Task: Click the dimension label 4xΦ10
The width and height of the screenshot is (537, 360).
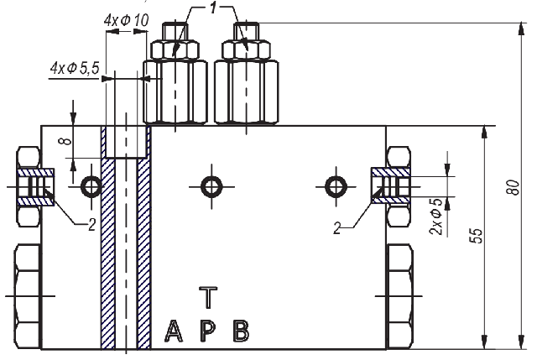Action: [127, 20]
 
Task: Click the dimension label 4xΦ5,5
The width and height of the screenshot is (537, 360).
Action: [75, 69]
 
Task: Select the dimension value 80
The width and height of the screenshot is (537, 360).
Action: [513, 187]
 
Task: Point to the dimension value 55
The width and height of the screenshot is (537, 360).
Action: [476, 236]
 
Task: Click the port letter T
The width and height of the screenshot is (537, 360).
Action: [208, 298]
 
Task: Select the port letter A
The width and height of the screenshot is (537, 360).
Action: [174, 331]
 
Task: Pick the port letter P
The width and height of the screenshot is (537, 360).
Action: [207, 331]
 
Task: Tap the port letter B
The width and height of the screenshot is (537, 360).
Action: [241, 331]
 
